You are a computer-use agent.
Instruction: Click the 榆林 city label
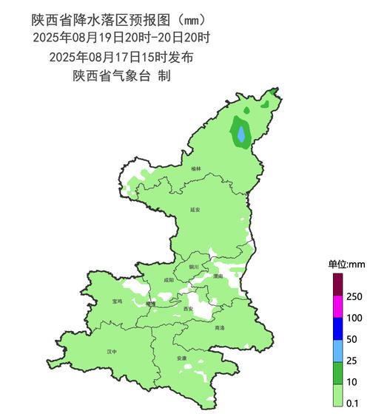195,169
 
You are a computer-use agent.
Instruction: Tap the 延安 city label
194,209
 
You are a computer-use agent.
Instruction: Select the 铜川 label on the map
194,266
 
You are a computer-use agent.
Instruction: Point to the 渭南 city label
218,276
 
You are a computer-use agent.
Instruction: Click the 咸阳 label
169,280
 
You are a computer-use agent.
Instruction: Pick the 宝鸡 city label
118,301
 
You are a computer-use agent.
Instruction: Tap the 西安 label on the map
188,308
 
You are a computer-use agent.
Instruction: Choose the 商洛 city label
219,327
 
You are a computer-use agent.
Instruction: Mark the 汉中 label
112,352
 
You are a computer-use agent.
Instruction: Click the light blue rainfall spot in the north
241,133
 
